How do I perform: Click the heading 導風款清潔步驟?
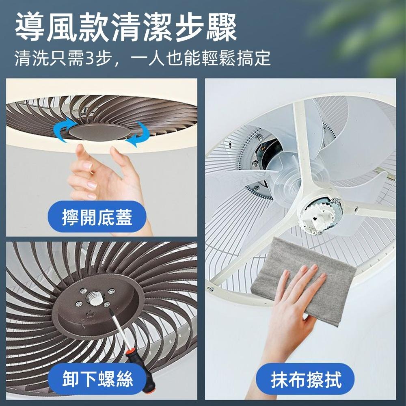(x=126, y=28)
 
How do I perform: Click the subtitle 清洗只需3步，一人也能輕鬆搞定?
(x=142, y=58)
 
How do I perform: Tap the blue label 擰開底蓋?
(x=97, y=218)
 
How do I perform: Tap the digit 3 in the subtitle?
(x=90, y=58)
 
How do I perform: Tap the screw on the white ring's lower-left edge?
(x=211, y=289)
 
